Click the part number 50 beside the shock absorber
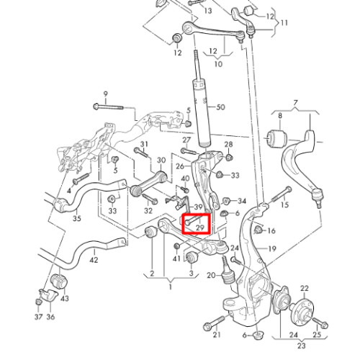pyautogui.click(x=220, y=107)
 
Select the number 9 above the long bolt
pyautogui.click(x=105, y=94)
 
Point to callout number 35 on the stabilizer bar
pyautogui.click(x=77, y=218)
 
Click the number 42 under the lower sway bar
pyautogui.click(x=94, y=260)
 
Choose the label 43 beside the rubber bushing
pyautogui.click(x=65, y=298)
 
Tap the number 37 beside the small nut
pyautogui.click(x=38, y=317)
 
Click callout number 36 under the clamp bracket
pyautogui.click(x=50, y=317)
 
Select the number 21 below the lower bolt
pyautogui.click(x=217, y=334)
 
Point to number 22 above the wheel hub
pyautogui.click(x=305, y=288)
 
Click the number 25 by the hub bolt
pyautogui.click(x=317, y=334)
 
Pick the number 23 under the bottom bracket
pyautogui.click(x=302, y=346)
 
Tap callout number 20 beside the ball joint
pyautogui.click(x=211, y=276)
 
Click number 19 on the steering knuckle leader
pyautogui.click(x=271, y=248)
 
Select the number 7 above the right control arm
pyautogui.click(x=295, y=103)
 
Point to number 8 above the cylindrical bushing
pyautogui.click(x=280, y=116)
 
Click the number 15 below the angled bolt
pyautogui.click(x=284, y=204)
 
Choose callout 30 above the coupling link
pyautogui.click(x=161, y=160)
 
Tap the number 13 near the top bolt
pyautogui.click(x=208, y=11)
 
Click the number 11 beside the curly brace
pyautogui.click(x=284, y=23)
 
